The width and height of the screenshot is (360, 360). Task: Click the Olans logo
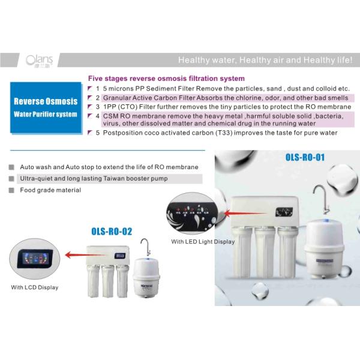coord(40,60)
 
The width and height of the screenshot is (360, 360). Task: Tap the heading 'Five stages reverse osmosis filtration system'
coord(166,79)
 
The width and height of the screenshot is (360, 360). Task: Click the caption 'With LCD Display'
coord(34,287)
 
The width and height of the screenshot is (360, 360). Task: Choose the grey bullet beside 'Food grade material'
coord(12,190)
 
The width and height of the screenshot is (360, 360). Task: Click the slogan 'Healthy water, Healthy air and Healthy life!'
coord(269,60)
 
